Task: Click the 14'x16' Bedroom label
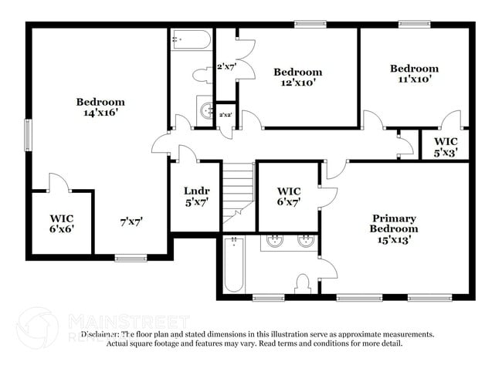[x=100, y=107]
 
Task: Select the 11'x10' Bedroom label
[x=413, y=73]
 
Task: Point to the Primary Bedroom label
[x=393, y=228]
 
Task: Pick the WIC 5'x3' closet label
[x=446, y=147]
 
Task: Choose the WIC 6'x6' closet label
[x=61, y=223]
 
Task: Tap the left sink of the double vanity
[x=274, y=241]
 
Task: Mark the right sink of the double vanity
[x=305, y=241]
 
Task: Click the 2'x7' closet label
[x=226, y=67]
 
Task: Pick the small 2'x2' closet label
[x=226, y=115]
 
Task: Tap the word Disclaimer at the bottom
[x=100, y=334]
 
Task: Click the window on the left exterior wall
[x=28, y=136]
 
